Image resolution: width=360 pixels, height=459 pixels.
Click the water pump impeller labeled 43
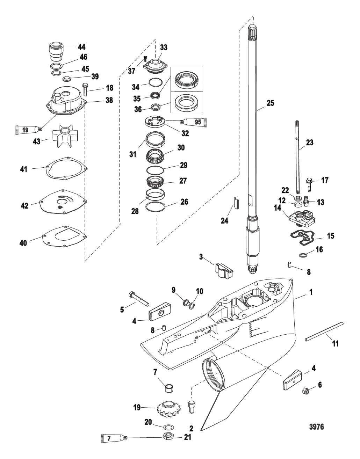point(63,140)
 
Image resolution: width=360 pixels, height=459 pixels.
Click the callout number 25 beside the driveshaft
point(270,103)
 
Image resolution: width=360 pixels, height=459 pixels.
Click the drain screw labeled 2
point(192,407)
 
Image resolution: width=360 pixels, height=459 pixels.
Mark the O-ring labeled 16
point(303,255)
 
